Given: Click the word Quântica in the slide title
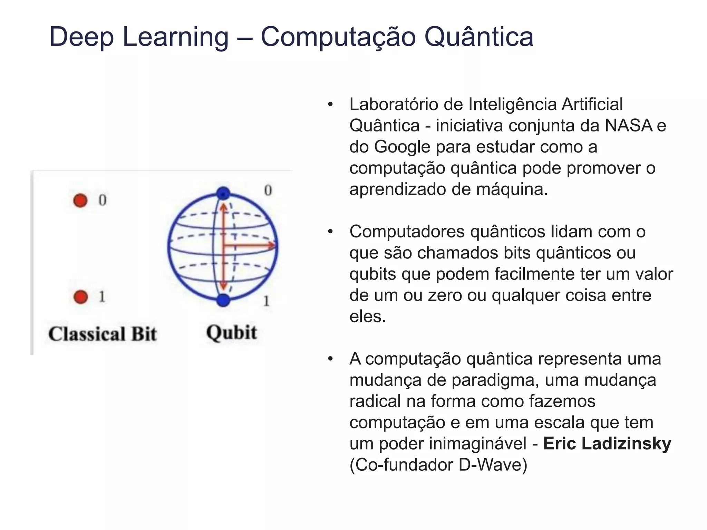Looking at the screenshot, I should pos(478,37).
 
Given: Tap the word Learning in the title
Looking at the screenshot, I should pos(175,37).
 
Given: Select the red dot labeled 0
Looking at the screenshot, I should pos(80,200).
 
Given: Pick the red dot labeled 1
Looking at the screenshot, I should pos(81,296).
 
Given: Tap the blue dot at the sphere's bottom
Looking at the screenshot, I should pos(223,300).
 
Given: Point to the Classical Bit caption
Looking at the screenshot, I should pos(103,334).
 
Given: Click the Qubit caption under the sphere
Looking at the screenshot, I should pos(232,333).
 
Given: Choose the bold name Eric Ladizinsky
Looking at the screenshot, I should pos(607,444).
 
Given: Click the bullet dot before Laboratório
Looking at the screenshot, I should pos(330,105).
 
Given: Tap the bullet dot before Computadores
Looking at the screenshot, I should pos(330,232).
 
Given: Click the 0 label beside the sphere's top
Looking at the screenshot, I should pos(268,190).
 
